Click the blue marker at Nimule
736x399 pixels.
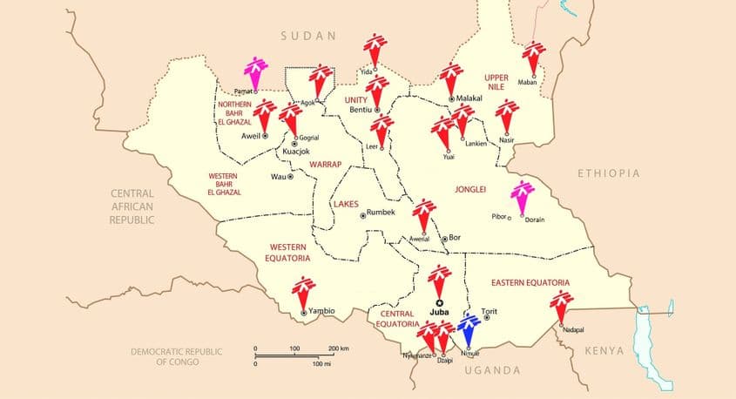(x=469, y=328)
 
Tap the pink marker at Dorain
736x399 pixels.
(x=521, y=195)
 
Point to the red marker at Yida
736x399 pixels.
(x=375, y=52)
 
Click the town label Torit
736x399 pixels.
(x=501, y=311)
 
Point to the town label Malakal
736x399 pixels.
(x=469, y=99)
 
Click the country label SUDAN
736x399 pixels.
(x=307, y=36)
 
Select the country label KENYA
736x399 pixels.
(x=604, y=350)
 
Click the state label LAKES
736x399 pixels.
(x=345, y=205)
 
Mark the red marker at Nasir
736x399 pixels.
(x=506, y=116)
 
